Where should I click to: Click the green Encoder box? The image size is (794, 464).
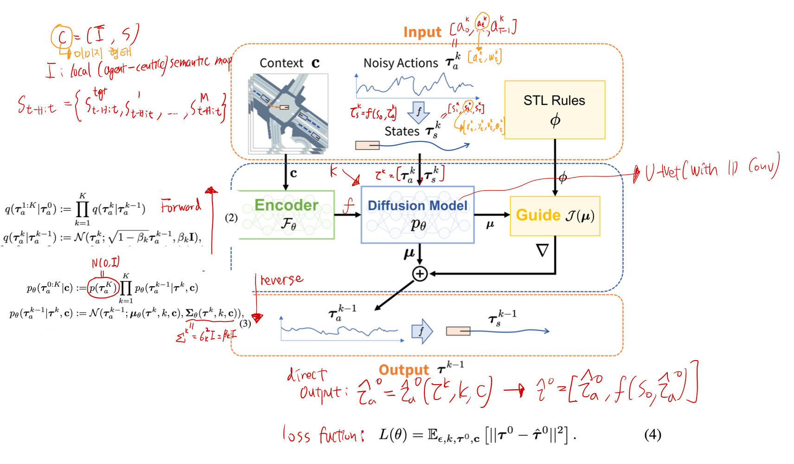pos(287,214)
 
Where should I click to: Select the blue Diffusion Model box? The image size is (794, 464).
pos(417,214)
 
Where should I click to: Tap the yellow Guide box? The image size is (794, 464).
pos(555,216)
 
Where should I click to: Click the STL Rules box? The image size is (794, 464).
pos(555,110)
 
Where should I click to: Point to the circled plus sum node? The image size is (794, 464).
pos(420,274)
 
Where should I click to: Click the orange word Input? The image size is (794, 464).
pos(422,32)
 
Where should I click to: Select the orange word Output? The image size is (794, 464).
pos(403,370)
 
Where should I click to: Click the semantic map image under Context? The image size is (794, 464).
pos(288,114)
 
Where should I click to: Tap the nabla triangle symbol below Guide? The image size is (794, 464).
pos(542,251)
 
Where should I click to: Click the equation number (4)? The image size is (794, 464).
pos(653,434)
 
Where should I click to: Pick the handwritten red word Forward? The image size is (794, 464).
pos(181,206)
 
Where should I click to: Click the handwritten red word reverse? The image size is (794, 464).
pos(282,280)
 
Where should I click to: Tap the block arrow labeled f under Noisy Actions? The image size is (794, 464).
pos(419,112)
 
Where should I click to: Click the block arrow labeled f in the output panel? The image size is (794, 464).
pos(422,331)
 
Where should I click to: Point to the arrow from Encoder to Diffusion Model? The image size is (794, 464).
pos(347,215)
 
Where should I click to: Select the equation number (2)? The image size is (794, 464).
pos(231,218)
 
